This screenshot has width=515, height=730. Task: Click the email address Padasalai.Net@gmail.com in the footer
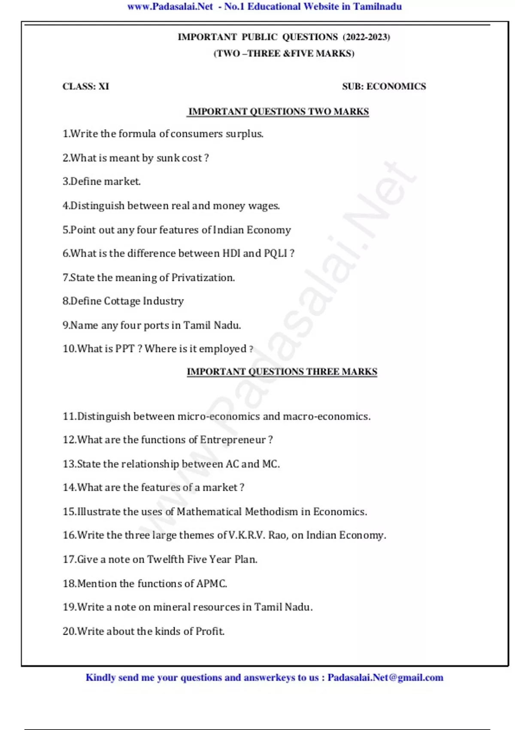pyautogui.click(x=385, y=678)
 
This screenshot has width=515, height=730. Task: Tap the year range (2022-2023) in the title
pyautogui.click(x=366, y=37)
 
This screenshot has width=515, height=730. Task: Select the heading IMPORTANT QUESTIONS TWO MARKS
pyautogui.click(x=279, y=112)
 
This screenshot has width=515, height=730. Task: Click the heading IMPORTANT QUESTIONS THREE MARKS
pyautogui.click(x=282, y=372)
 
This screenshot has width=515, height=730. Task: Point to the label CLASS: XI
pyautogui.click(x=86, y=86)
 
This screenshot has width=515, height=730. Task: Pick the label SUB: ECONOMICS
pyautogui.click(x=384, y=86)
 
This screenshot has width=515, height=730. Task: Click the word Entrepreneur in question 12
pyautogui.click(x=233, y=440)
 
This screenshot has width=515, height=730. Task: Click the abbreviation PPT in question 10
pyautogui.click(x=124, y=349)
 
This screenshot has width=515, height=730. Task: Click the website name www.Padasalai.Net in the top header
pyautogui.click(x=170, y=6)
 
